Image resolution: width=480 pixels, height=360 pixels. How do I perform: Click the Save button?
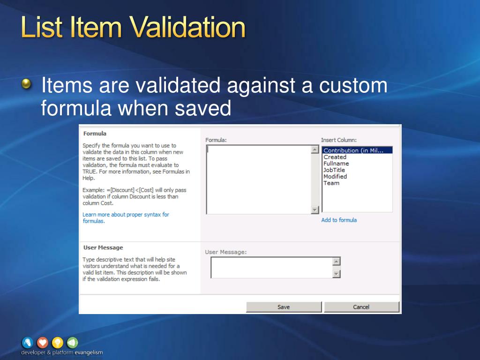[x=284, y=307]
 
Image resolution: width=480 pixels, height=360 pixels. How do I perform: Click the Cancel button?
[x=361, y=307]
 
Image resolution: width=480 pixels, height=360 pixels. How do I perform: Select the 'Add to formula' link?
[x=339, y=220]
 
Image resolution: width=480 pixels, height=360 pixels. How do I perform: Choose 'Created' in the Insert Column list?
[x=335, y=157]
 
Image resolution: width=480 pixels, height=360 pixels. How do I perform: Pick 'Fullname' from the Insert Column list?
[x=336, y=164]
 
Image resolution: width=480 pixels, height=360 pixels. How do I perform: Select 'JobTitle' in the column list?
[x=334, y=170]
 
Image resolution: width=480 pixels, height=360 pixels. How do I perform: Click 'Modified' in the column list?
[x=335, y=177]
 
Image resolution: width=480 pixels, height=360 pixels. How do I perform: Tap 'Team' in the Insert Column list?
[x=331, y=183]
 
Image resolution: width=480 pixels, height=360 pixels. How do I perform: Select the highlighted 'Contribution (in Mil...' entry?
[x=353, y=150]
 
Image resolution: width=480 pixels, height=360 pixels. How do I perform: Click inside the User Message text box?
[x=271, y=268]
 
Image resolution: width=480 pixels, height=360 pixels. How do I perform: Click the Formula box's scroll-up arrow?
[x=315, y=150]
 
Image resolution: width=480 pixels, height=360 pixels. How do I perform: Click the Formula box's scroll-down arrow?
[x=315, y=210]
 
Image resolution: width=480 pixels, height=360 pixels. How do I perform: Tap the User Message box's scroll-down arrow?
[x=336, y=274]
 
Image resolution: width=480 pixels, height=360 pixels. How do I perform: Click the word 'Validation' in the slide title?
[x=187, y=28]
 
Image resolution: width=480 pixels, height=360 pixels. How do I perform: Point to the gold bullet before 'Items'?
[x=28, y=84]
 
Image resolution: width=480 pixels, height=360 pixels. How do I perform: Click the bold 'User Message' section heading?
[x=103, y=247]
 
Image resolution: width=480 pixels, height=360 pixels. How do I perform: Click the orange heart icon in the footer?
[x=42, y=343]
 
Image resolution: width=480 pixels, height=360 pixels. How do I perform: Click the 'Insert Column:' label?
[x=338, y=140]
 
